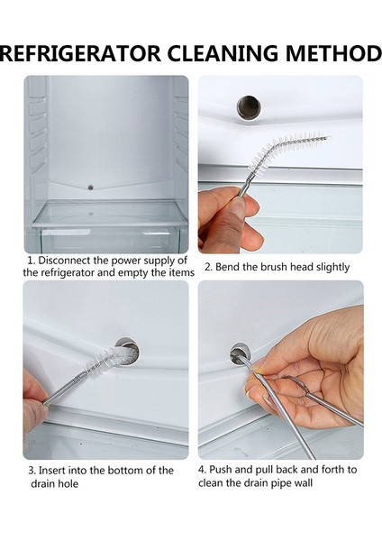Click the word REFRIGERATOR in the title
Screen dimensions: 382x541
[80, 53]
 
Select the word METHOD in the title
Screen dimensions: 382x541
[333, 53]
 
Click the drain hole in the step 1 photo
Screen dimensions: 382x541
[91, 188]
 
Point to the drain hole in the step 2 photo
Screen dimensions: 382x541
[249, 107]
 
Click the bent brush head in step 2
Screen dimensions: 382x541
[288, 149]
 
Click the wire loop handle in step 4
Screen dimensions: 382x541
[296, 388]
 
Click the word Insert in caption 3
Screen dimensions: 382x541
[53, 471]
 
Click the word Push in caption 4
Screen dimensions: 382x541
[221, 470]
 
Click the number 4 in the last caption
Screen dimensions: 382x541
[202, 470]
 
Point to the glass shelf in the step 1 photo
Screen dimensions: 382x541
[110, 214]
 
